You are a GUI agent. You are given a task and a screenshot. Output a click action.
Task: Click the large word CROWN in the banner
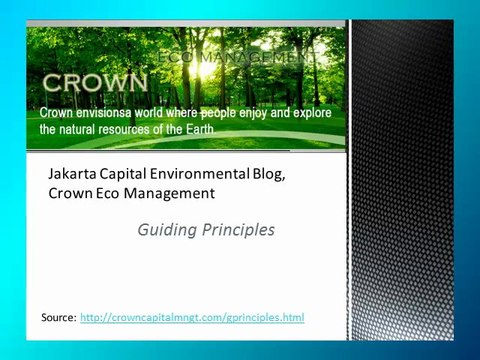click(94, 81)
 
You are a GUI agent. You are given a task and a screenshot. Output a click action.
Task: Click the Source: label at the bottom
click(58, 317)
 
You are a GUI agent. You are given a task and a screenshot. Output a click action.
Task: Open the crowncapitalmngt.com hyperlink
click(192, 317)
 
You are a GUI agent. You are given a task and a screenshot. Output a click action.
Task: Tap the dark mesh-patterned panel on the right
click(400, 180)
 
